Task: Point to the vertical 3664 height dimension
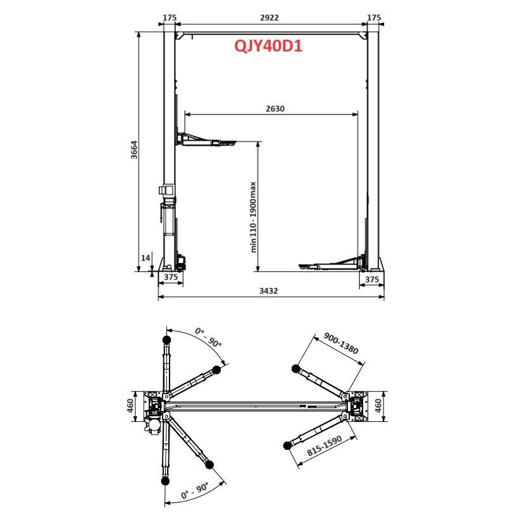[134, 151]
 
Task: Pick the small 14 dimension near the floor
[146, 258]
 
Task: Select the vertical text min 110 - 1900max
[252, 217]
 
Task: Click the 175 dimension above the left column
[169, 18]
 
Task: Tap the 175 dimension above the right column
[374, 18]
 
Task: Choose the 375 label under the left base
[170, 278]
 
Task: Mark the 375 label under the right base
[371, 279]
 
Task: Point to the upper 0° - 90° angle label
[208, 338]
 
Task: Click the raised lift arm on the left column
[206, 140]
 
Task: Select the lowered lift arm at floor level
[329, 264]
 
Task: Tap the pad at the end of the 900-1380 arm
[295, 369]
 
